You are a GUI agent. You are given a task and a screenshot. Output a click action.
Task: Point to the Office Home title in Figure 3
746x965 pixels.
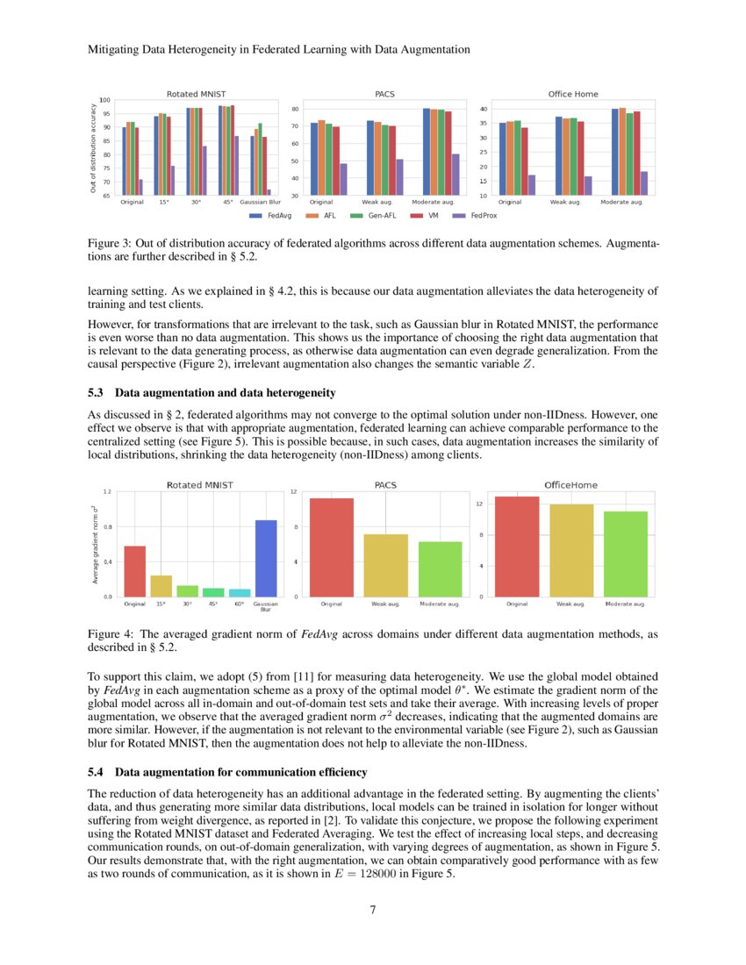[x=573, y=93]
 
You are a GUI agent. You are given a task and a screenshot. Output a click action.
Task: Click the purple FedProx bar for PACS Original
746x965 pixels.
[x=343, y=179]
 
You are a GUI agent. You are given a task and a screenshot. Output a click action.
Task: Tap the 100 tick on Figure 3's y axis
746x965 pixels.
[x=105, y=100]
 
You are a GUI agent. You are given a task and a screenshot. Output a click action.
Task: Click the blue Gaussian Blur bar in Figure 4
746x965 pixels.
[x=265, y=558]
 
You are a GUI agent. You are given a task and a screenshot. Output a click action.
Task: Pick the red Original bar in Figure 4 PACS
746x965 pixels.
[x=331, y=547]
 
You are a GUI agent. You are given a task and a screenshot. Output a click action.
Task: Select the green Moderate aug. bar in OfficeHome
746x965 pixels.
[x=625, y=554]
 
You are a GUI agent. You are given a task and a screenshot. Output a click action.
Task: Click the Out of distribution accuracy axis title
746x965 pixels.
[x=92, y=147]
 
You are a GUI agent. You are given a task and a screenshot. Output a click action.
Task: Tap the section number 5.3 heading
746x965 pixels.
[x=98, y=391]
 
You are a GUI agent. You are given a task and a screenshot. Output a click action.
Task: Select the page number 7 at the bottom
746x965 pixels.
[x=373, y=910]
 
